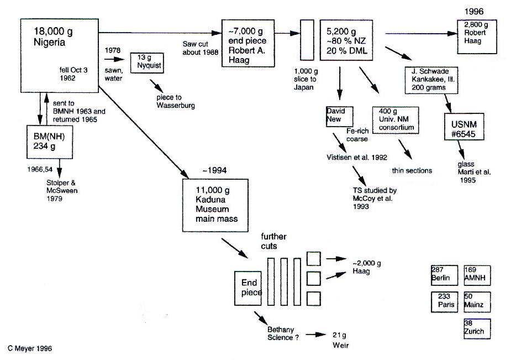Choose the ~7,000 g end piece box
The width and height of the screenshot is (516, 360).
pyautogui.click(x=248, y=43)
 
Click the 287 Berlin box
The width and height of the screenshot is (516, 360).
pyautogui.click(x=444, y=274)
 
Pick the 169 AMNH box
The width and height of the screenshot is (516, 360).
pyautogui.click(x=477, y=274)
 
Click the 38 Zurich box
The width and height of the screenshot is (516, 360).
pyautogui.click(x=477, y=328)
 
